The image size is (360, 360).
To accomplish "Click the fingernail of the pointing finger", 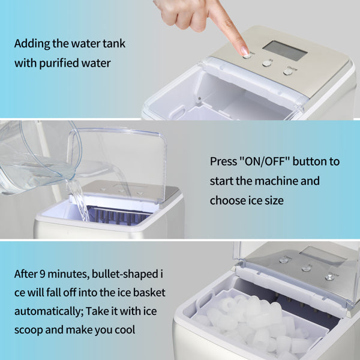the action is (244, 50).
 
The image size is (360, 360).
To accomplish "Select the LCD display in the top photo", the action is (285, 51).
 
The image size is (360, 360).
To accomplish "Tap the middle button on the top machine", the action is (267, 64).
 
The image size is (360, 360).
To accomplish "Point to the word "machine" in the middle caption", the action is (276, 181).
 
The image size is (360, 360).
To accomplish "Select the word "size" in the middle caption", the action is (274, 200).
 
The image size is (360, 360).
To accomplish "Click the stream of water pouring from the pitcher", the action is (79, 200).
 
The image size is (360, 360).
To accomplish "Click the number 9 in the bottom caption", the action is (43, 274).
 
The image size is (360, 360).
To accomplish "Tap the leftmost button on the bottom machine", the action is (284, 260).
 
